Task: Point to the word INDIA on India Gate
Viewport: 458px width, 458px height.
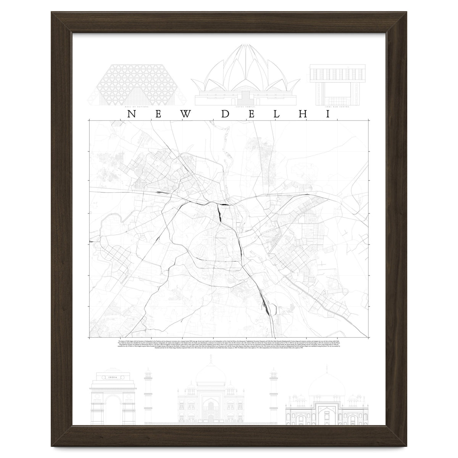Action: pyautogui.click(x=112, y=378)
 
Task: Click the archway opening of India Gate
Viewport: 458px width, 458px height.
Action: pyautogui.click(x=112, y=401)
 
